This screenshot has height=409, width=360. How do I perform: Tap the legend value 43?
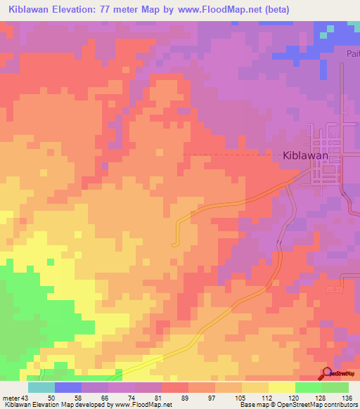pos(25,398)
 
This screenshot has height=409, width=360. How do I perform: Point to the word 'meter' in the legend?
pos(11,398)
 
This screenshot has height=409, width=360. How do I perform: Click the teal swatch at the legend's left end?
pos(41,387)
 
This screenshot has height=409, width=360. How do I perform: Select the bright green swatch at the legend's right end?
pos(335,387)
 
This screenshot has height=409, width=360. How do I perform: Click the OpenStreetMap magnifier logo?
pos(327,373)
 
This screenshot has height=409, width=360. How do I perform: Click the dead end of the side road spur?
pos(172,245)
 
